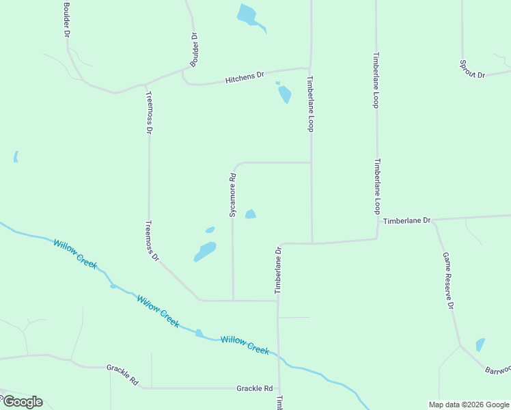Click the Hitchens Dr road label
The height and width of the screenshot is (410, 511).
[245, 78]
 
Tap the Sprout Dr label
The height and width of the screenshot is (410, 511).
[472, 69]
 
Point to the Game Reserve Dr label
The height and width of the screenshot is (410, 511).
[448, 280]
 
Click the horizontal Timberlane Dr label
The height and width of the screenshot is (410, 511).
[406, 221]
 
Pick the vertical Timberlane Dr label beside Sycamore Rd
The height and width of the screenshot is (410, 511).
[278, 271]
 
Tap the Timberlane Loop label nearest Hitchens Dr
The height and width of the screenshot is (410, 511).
[309, 104]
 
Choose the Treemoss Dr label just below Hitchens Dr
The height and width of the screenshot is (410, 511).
[149, 112]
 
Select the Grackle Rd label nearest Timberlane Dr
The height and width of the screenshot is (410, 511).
[254, 388]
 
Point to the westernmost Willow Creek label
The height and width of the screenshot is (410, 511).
[75, 253]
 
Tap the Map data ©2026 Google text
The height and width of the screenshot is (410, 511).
[468, 405]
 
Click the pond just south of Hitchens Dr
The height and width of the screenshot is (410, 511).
[284, 94]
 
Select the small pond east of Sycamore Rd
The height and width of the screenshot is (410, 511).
[251, 214]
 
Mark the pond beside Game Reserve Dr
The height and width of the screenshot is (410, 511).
[480, 344]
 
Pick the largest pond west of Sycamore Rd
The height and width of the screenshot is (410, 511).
[205, 251]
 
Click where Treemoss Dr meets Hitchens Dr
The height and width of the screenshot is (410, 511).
[145, 85]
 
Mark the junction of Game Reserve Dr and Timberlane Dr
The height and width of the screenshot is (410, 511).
[434, 220]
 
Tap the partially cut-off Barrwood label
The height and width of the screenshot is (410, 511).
[497, 369]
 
